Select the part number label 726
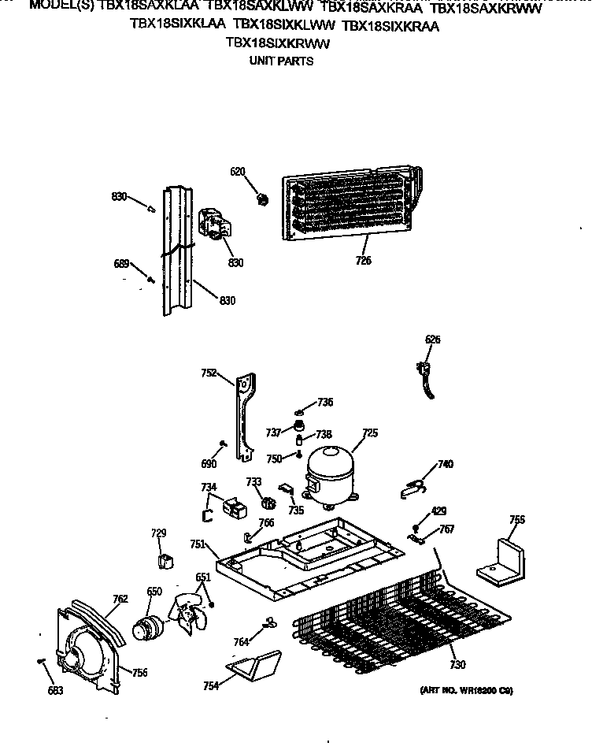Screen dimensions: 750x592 pyautogui.click(x=363, y=261)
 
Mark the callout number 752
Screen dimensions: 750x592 pyautogui.click(x=209, y=374)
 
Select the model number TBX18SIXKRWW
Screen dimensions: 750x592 pyautogui.click(x=276, y=44)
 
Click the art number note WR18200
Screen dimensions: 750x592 pyautogui.click(x=464, y=690)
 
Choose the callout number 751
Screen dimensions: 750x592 pyautogui.click(x=198, y=544)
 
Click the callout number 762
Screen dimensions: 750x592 pyautogui.click(x=119, y=599)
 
